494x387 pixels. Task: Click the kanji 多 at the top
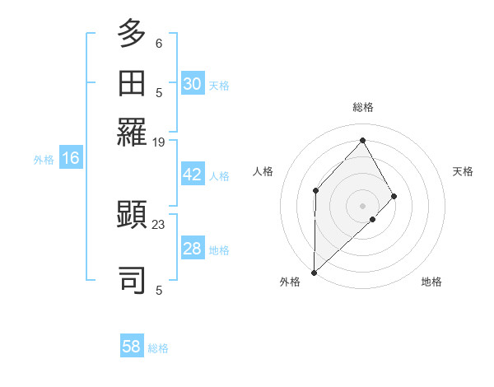133,34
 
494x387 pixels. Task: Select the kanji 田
133,83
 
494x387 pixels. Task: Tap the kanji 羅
133,132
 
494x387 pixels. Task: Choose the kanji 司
133,279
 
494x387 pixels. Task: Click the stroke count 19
159,142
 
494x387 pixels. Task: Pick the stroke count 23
159,224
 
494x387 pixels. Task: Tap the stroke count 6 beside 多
159,43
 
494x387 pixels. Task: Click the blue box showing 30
193,84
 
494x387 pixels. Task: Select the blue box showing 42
193,175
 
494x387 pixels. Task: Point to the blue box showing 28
193,249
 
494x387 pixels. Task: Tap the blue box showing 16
71,158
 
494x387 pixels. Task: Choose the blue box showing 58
132,347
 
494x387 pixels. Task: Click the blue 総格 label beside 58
158,348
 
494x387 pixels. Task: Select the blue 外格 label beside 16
43,160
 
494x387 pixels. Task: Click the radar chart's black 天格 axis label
464,171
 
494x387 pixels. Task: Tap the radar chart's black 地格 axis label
431,282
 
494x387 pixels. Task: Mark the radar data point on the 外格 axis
314,272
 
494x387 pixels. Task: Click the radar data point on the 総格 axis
362,140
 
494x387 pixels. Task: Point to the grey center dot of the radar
362,205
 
